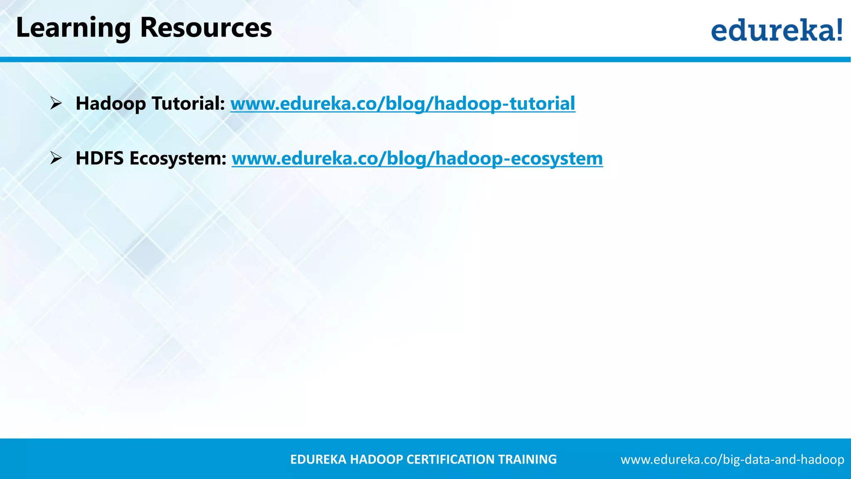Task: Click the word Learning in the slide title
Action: point(73,28)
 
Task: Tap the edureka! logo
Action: point(776,30)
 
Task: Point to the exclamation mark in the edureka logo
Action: point(839,29)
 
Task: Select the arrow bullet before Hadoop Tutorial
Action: point(56,103)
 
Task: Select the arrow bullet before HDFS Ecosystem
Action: point(56,158)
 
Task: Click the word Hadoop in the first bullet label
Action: point(111,104)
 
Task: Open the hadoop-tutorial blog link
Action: point(403,104)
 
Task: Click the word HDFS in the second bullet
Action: point(99,158)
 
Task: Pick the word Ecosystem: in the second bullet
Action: point(178,158)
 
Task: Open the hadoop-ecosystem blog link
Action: point(417,158)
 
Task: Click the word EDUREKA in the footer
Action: point(318,459)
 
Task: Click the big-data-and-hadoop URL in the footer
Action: point(732,459)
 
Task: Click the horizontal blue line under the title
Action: point(425,59)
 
